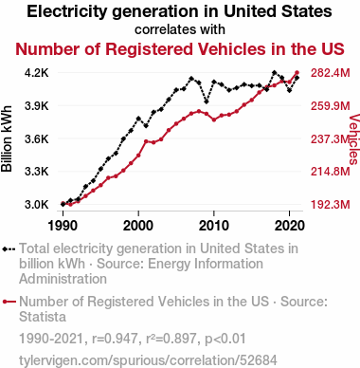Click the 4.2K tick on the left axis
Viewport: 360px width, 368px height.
(x=37, y=73)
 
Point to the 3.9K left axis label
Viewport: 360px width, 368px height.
(x=37, y=106)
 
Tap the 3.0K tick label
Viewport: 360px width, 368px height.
(x=37, y=205)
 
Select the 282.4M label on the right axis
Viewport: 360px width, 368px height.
(x=331, y=73)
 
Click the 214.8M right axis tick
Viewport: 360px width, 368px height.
(x=331, y=172)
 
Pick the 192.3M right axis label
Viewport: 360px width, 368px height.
(x=331, y=205)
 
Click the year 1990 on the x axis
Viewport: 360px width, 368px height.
(x=63, y=226)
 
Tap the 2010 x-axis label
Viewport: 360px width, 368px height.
(x=214, y=226)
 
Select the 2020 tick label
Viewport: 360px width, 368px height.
(x=290, y=226)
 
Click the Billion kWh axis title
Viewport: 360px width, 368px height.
(x=7, y=138)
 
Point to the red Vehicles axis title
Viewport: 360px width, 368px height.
(x=354, y=139)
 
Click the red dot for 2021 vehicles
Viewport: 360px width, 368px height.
(x=297, y=73)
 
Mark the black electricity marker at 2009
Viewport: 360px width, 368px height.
(x=207, y=101)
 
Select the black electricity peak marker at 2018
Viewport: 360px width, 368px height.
(x=274, y=72)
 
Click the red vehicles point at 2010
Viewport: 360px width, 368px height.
(x=214, y=120)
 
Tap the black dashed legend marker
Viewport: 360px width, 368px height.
(x=9, y=249)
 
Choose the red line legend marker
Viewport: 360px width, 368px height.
(x=9, y=302)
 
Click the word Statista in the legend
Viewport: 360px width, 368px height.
(x=43, y=317)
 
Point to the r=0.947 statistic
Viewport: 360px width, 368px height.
(x=115, y=339)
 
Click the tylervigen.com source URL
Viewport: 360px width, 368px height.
(x=148, y=360)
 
